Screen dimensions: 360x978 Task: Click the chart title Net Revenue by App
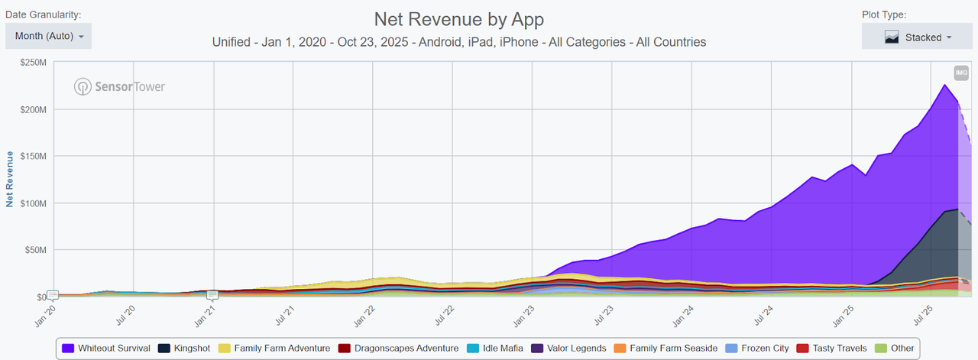[458, 19]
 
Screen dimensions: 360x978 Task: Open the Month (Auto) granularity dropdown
[49, 36]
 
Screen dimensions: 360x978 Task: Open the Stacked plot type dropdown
[917, 37]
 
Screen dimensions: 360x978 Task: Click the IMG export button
[961, 73]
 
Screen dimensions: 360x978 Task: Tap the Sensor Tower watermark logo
[119, 86]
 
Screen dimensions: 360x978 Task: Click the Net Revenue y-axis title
[10, 179]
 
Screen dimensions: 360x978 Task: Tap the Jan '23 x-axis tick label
[523, 316]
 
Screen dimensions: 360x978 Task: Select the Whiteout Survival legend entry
[106, 349]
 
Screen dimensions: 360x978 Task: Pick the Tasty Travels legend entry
[832, 349]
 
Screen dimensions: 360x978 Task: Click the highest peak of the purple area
[944, 86]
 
